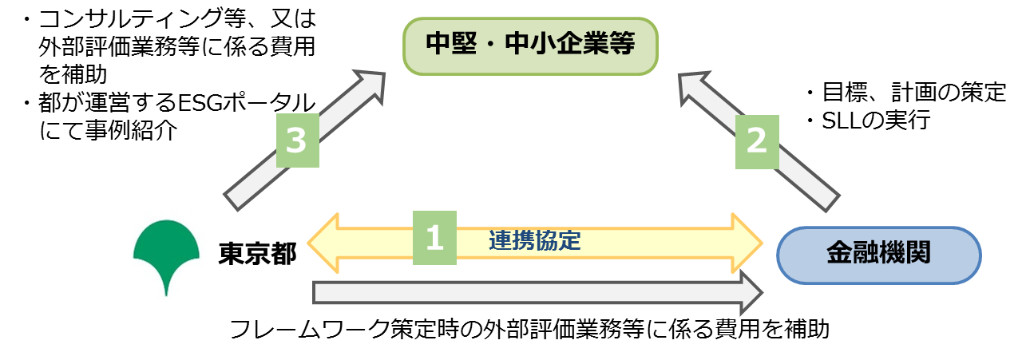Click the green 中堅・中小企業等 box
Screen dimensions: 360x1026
tap(529, 45)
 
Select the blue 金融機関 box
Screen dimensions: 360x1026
tap(878, 255)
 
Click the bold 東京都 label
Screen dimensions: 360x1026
tap(257, 255)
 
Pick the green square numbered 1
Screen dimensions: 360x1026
tap(434, 238)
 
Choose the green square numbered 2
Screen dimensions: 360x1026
tap(755, 141)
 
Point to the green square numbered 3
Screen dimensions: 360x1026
tap(297, 141)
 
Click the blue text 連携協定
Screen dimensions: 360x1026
tap(534, 240)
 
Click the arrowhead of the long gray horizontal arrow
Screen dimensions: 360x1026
tap(750, 292)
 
